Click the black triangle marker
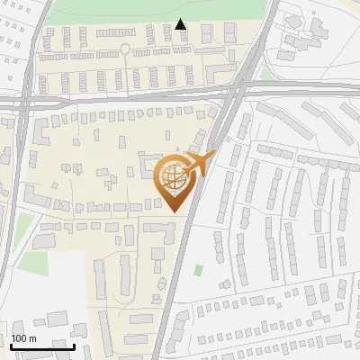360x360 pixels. pyautogui.click(x=181, y=24)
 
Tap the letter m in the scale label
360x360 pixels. pyautogui.click(x=32, y=338)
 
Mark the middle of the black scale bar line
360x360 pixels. pyautogui.click(x=42, y=346)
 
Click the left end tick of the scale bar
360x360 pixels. pyautogui.click(x=10, y=344)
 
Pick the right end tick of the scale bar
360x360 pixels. pyautogui.click(x=75, y=344)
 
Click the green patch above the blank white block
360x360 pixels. pyautogui.click(x=33, y=263)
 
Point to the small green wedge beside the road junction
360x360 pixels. pyautogui.click(x=265, y=72)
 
